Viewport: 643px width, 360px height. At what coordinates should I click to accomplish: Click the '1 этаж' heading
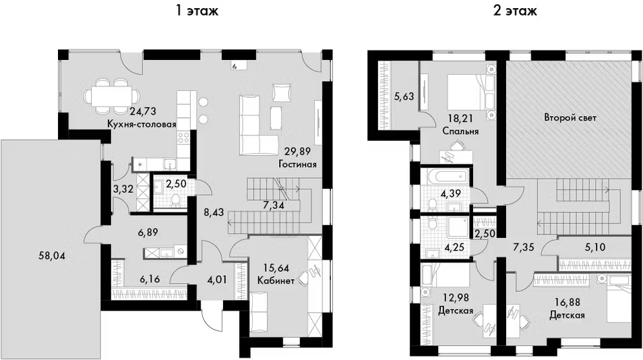pyautogui.click(x=197, y=10)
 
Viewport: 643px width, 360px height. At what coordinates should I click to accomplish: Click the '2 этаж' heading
pyautogui.click(x=515, y=10)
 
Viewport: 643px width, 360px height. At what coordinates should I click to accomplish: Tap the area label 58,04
pyautogui.click(x=52, y=256)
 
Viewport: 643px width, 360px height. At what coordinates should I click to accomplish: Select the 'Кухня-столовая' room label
pyautogui.click(x=142, y=124)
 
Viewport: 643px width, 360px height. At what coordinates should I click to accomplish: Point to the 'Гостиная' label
pyautogui.click(x=297, y=164)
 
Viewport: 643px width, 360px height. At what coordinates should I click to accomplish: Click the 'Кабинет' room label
pyautogui.click(x=276, y=281)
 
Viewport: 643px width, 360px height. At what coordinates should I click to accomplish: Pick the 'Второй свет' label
pyautogui.click(x=570, y=118)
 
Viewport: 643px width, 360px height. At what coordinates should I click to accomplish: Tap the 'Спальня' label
pyautogui.click(x=461, y=131)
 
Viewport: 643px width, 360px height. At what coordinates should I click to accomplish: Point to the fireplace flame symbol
pyautogui.click(x=234, y=65)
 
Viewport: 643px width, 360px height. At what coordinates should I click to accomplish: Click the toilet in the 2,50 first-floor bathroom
pyautogui.click(x=176, y=200)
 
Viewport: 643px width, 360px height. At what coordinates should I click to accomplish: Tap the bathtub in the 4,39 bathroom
pyautogui.click(x=446, y=177)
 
